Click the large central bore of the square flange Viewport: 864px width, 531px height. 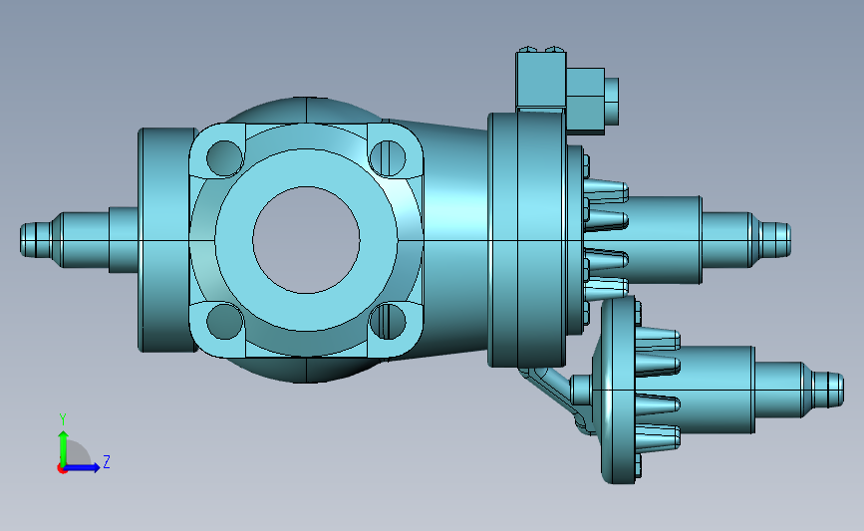coord(306,240)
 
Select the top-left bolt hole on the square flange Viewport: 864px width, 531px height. coord(224,158)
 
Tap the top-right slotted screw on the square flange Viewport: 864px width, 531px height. coord(388,158)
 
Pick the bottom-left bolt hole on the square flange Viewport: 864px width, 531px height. coord(224,321)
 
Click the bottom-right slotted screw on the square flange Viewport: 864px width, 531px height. coord(388,321)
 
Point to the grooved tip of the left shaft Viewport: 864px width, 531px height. coord(36,240)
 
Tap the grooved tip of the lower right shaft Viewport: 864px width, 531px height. coord(828,390)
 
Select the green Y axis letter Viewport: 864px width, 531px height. coord(63,419)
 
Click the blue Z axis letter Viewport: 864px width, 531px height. coord(107,461)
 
